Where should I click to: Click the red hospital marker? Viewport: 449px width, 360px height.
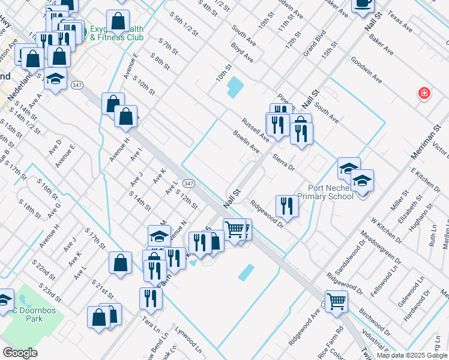point(424,94)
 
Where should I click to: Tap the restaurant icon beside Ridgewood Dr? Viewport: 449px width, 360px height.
point(286,206)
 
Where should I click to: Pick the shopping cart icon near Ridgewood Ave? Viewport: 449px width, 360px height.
point(336,301)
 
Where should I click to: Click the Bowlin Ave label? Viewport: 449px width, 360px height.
point(246,141)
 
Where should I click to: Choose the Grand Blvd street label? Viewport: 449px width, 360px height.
point(314,43)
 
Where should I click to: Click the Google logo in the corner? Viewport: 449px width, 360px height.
point(20,353)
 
